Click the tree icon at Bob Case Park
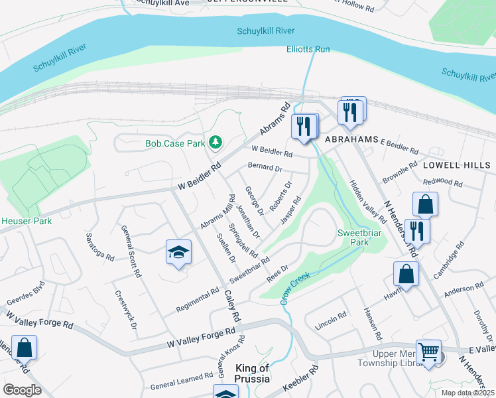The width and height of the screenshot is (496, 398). point(216,142)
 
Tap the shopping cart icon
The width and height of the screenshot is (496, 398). point(428,352)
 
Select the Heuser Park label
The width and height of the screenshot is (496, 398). point(26,221)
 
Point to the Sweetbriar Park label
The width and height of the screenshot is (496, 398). point(362,237)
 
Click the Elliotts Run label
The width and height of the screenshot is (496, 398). point(308,49)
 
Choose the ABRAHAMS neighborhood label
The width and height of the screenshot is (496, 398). point(351,139)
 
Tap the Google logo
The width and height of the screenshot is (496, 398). point(22,390)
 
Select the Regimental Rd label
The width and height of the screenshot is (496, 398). point(198,300)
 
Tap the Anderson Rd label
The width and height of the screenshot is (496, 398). point(464,289)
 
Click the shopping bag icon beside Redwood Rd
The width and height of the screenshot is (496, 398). point(425,204)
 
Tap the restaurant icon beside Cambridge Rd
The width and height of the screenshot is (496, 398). point(417,231)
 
